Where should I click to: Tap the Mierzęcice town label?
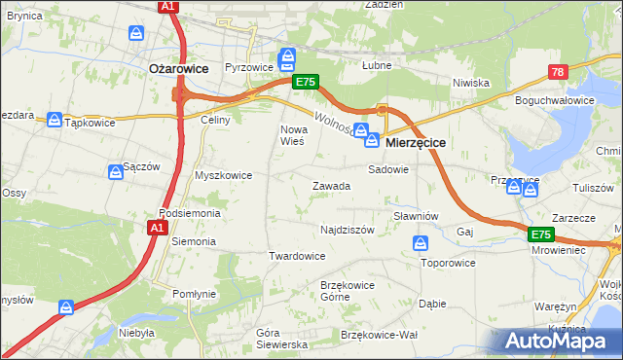pyautogui.click(x=416, y=142)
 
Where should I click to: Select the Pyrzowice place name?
pyautogui.click(x=246, y=68)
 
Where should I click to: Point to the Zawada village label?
pyautogui.click(x=331, y=186)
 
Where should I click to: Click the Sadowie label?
pyautogui.click(x=387, y=168)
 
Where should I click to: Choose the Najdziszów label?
pyautogui.click(x=348, y=231)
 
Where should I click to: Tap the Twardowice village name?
pyautogui.click(x=296, y=256)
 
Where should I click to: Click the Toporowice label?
pyautogui.click(x=448, y=263)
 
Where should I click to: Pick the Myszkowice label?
pyautogui.click(x=224, y=176)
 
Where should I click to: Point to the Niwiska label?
pyautogui.click(x=470, y=83)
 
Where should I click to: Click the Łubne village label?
pyautogui.click(x=376, y=67)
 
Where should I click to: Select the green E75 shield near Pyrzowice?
pyautogui.click(x=305, y=83)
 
